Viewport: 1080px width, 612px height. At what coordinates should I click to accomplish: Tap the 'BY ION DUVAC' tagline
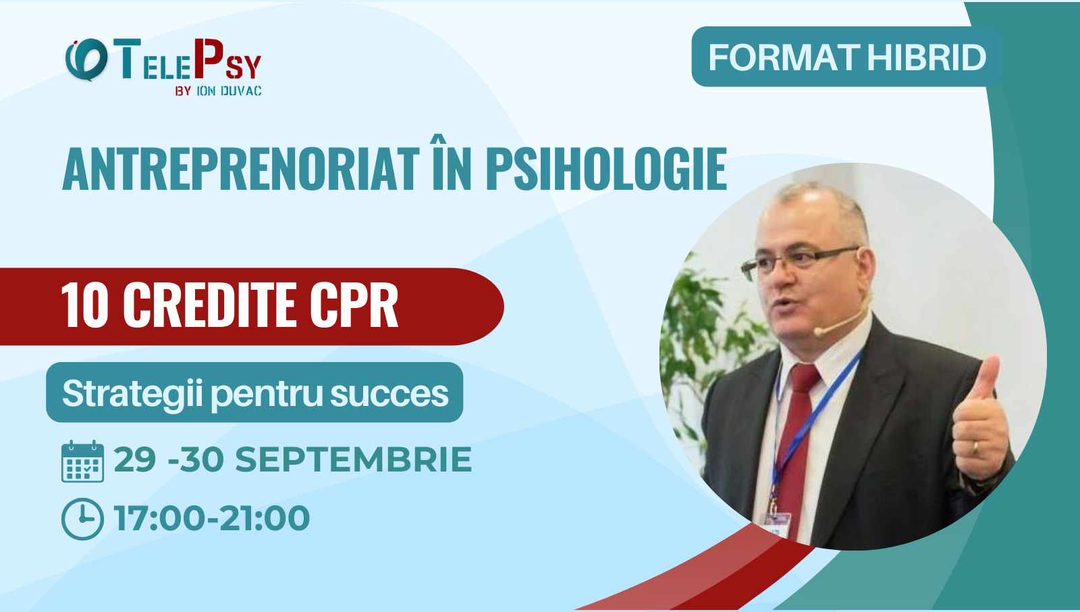[x=218, y=91]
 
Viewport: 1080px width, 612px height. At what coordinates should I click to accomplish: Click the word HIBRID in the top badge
[x=927, y=58]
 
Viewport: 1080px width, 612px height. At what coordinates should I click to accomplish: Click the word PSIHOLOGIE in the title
[x=606, y=170]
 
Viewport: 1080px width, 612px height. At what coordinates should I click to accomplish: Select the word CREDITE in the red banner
[x=209, y=305]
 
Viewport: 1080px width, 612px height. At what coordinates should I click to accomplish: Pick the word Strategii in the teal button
[x=132, y=393]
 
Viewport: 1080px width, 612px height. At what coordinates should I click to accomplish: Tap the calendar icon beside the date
[x=82, y=461]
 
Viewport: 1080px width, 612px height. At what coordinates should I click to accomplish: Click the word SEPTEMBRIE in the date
[x=353, y=460]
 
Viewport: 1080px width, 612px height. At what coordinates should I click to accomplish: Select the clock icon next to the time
[x=82, y=519]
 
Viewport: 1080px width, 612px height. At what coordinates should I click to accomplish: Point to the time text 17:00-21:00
[x=212, y=519]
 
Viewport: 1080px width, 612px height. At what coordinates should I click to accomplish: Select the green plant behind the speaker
[x=695, y=324]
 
